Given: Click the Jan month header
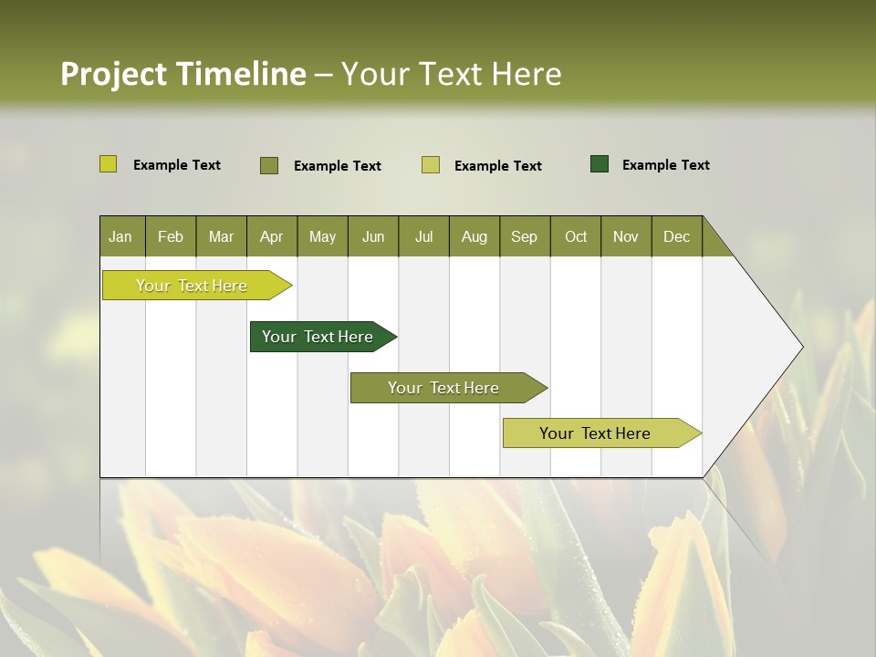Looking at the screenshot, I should [x=121, y=236].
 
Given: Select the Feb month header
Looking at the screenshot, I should [x=171, y=236].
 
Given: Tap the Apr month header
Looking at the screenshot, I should [x=272, y=236].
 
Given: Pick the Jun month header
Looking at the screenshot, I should [x=373, y=236].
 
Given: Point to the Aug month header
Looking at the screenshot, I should [x=474, y=236].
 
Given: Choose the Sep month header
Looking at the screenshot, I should [x=525, y=236].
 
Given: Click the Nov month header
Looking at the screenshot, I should [x=626, y=236].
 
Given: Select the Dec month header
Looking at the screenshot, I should [x=677, y=236].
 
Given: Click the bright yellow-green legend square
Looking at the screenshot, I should [x=109, y=164].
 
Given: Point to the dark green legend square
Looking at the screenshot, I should [x=600, y=164].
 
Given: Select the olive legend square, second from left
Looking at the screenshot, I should [x=269, y=165].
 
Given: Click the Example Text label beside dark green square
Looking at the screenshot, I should [x=666, y=165].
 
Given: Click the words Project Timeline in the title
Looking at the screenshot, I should [x=182, y=74].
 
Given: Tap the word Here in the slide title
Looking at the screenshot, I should [x=527, y=74].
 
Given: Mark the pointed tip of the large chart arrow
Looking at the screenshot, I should [x=800, y=347].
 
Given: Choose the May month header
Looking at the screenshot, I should [x=322, y=236].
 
